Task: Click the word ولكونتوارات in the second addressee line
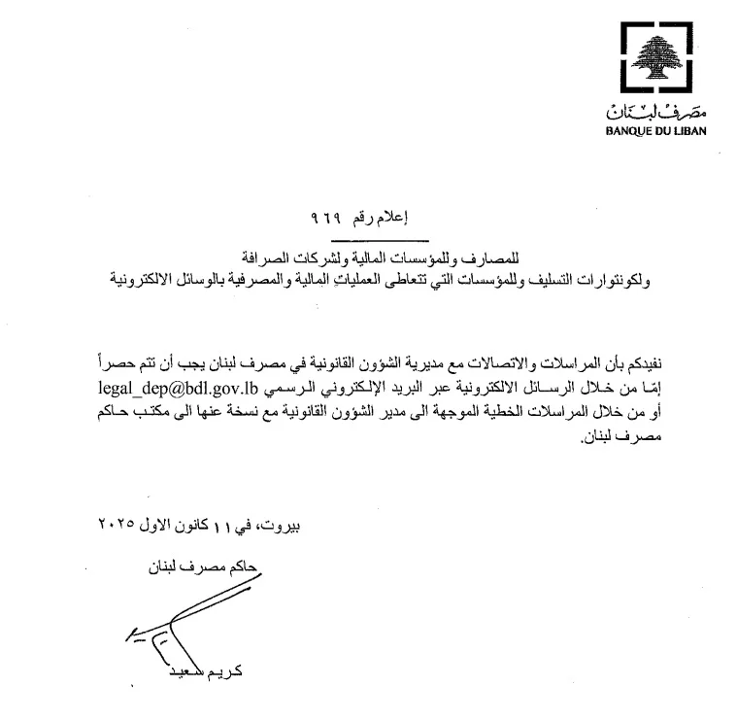coord(615,279)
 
